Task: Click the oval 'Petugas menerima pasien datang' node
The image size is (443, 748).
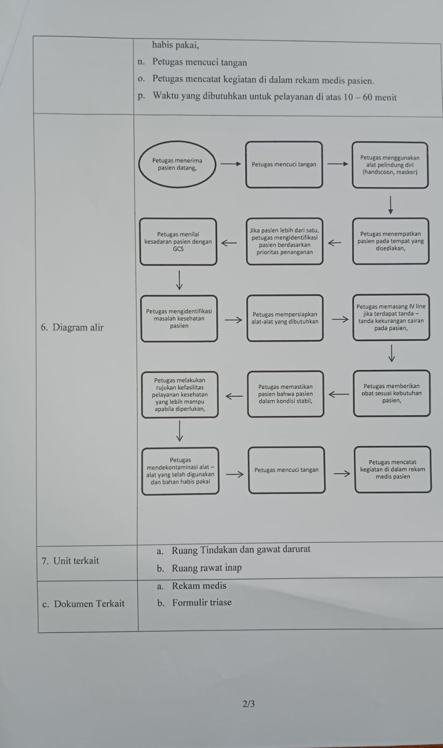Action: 177,164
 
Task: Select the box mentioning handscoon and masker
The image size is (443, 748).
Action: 390,165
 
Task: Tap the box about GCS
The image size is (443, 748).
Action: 178,242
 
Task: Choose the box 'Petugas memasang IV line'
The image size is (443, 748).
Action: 391,317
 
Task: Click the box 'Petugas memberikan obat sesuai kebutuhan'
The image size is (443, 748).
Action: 392,393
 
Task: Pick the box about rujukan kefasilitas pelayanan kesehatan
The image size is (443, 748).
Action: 180,395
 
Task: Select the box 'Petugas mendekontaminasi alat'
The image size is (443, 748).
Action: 180,471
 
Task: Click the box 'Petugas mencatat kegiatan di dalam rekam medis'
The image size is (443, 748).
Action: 393,469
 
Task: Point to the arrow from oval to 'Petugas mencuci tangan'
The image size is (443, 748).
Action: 231,164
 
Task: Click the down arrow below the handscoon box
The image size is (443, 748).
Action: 390,205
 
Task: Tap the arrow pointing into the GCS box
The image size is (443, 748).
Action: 229,243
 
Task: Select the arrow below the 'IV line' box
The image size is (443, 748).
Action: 392,353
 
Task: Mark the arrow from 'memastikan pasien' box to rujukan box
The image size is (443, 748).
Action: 234,396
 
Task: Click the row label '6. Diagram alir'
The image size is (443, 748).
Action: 72,327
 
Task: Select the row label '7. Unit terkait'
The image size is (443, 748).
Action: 70,561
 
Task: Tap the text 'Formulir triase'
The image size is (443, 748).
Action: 202,603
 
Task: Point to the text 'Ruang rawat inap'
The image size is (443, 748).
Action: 207,568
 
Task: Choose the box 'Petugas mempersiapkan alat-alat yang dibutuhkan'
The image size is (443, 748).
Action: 285,318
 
